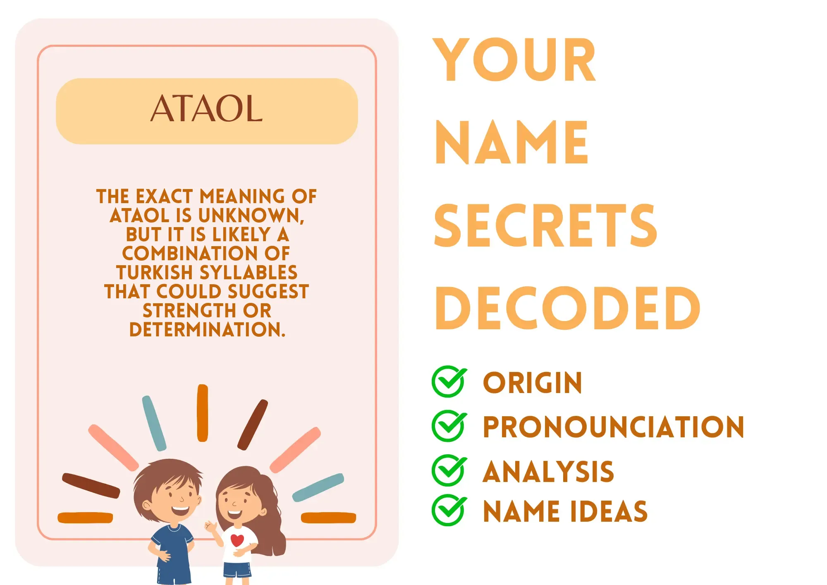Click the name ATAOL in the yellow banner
(206, 108)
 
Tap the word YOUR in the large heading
(514, 60)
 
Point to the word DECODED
(567, 308)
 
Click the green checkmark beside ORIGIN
(449, 381)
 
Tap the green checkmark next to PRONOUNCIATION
(449, 426)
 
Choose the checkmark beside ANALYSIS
(449, 470)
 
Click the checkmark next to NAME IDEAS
(449, 510)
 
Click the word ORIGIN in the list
(533, 383)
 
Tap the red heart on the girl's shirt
(237, 540)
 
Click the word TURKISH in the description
(155, 273)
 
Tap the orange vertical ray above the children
(203, 413)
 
